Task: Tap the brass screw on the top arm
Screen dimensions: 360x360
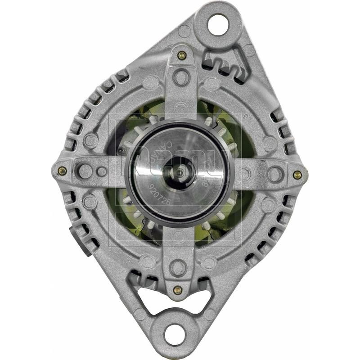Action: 182,56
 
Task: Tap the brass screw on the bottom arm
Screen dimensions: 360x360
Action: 177,290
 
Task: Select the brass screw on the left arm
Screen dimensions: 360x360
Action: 62,171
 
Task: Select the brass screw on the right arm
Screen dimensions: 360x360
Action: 297,175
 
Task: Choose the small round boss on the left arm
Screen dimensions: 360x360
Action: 102,171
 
